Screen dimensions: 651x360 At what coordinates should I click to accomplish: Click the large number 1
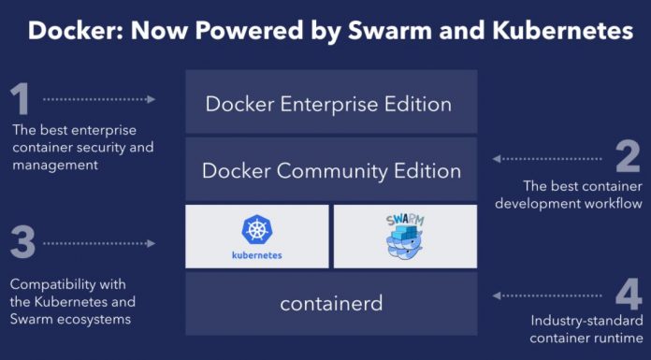(x=22, y=98)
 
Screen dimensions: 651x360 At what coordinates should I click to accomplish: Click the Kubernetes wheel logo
(x=256, y=229)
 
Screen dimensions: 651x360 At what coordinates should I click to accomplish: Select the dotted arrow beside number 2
(x=547, y=159)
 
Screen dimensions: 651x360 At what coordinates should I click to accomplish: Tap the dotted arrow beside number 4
(x=547, y=296)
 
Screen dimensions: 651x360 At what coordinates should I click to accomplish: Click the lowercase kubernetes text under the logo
(x=256, y=253)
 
